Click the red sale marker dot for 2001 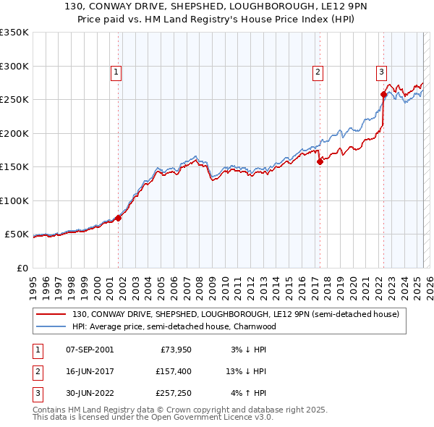118,218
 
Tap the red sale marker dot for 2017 319,162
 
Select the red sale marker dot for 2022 383,94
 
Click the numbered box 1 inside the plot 116,72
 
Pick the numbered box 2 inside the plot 317,72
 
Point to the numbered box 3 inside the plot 381,72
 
